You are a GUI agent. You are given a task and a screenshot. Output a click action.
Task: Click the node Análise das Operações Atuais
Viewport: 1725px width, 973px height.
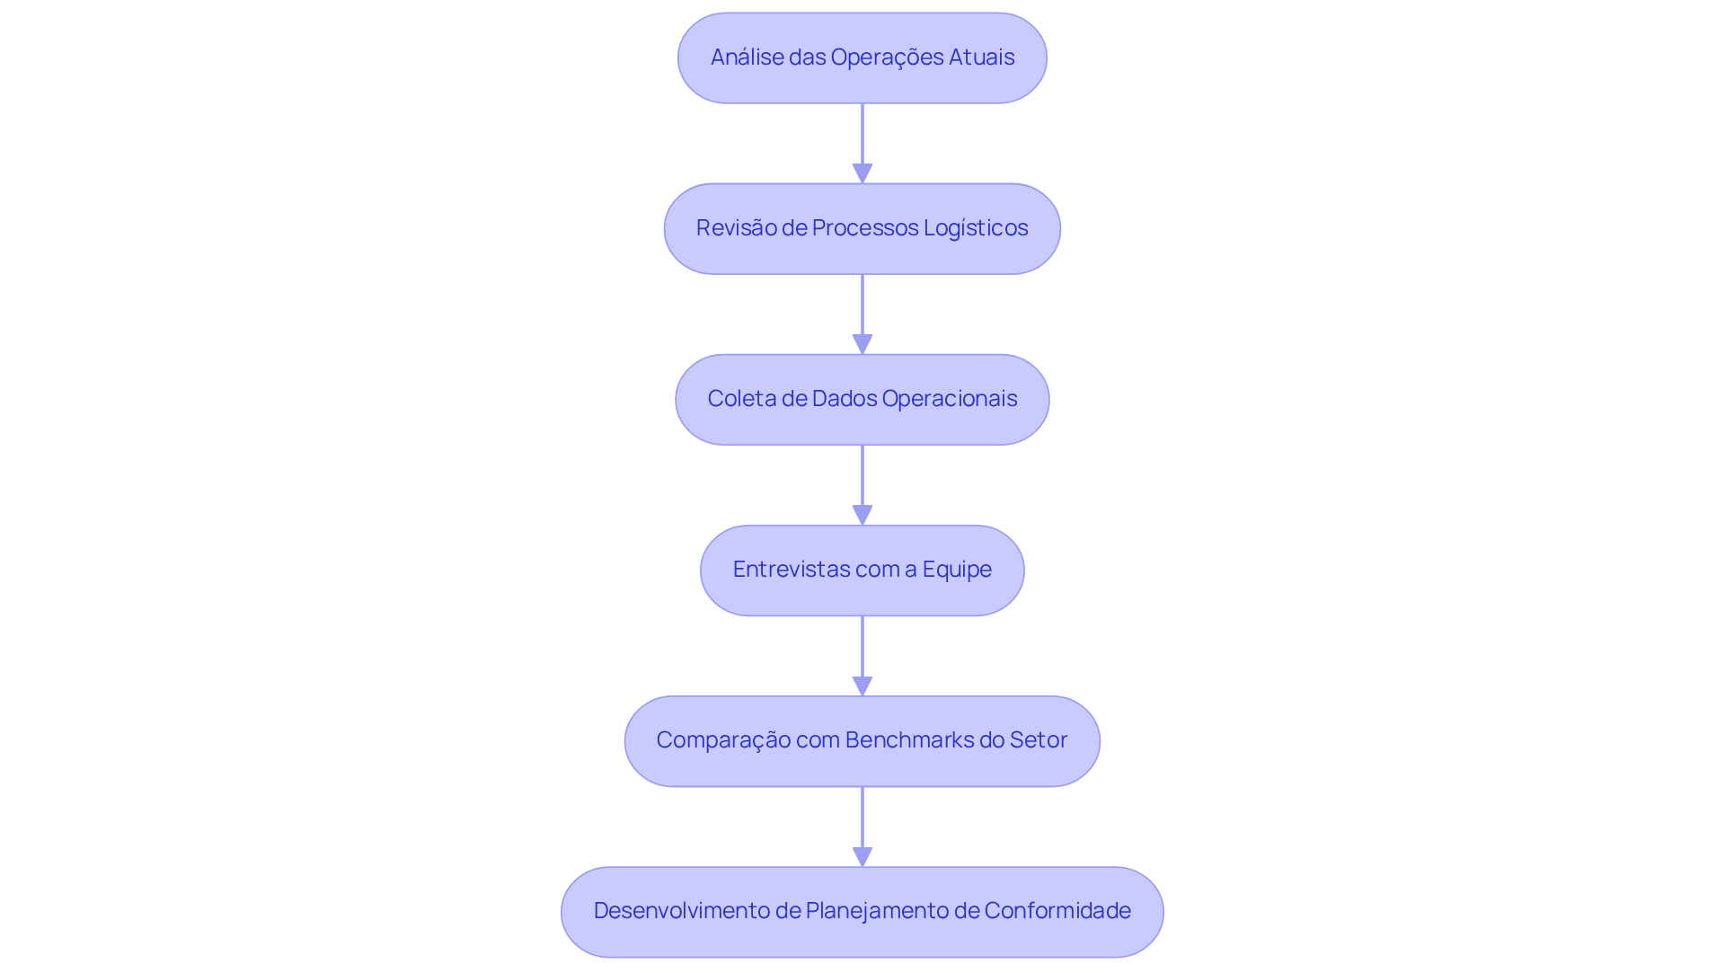click(x=862, y=57)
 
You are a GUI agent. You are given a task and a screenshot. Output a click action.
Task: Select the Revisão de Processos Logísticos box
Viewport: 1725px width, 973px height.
click(x=862, y=228)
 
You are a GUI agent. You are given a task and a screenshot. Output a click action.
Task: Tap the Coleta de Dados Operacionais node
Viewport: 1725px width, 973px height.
click(x=862, y=399)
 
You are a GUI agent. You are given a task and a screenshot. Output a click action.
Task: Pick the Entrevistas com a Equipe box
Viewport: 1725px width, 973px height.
click(x=862, y=570)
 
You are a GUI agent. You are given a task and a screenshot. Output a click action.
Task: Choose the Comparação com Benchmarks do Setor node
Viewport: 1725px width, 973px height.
click(x=862, y=740)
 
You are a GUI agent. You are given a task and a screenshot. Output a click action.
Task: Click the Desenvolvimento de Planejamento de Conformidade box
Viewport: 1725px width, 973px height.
click(x=862, y=911)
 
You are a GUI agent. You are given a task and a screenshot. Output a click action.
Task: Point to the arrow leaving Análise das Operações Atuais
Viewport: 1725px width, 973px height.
click(x=862, y=139)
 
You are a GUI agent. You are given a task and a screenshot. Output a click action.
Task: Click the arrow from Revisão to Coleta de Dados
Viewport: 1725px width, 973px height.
click(x=862, y=310)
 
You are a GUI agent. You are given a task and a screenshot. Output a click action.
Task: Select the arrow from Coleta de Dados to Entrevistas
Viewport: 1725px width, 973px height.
click(x=862, y=481)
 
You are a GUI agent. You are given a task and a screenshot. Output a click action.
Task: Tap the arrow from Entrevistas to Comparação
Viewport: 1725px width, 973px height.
click(x=862, y=651)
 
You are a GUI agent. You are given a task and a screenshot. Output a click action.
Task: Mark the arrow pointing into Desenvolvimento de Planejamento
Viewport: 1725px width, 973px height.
click(x=862, y=822)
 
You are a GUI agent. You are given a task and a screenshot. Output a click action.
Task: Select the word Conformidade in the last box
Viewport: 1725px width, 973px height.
click(x=1057, y=911)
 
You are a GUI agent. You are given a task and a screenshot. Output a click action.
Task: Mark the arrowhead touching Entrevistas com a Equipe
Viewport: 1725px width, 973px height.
click(x=862, y=516)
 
